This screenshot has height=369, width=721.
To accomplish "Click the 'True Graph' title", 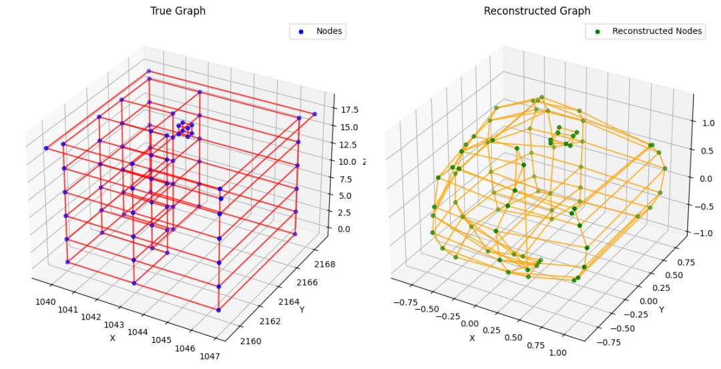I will point(178,11).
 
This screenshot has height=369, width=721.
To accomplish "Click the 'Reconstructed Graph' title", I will point(537,11).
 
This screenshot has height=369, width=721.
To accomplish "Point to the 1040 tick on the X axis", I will point(45,302).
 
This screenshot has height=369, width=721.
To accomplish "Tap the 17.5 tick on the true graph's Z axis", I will point(347,110).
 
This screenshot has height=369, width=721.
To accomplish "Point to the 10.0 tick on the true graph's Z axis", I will point(347,161).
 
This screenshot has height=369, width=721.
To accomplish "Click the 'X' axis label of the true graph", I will point(112,338).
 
